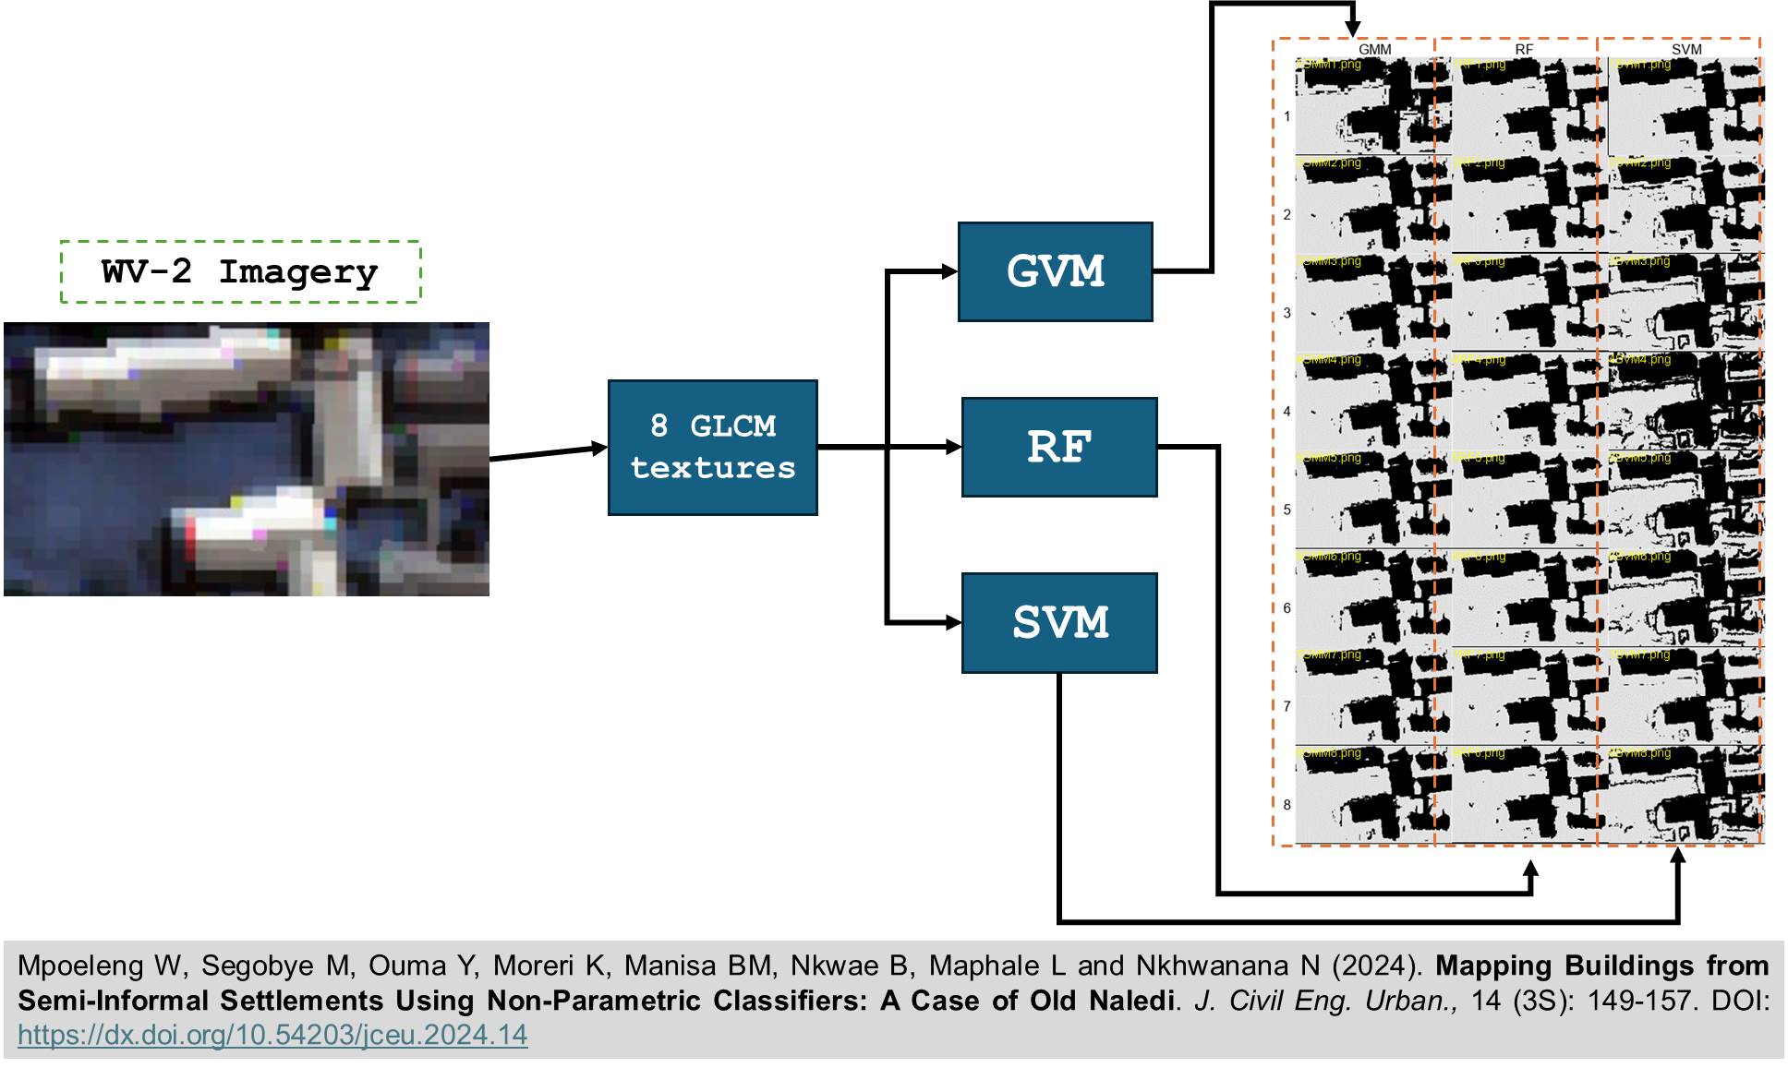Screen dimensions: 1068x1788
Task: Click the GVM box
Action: [x=1055, y=271]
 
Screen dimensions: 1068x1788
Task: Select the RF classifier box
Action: [x=1058, y=447]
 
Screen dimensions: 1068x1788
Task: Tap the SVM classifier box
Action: [x=1058, y=623]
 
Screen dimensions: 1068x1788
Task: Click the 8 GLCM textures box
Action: [x=712, y=447]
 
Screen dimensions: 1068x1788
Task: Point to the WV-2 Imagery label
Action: [x=240, y=271]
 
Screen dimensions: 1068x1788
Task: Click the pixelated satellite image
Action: [x=246, y=459]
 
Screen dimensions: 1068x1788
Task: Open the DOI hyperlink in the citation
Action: [x=272, y=1035]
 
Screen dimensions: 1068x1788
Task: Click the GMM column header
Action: [x=1374, y=49]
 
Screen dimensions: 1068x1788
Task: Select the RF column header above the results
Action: [x=1524, y=49]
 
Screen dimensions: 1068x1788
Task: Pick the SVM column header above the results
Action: [x=1685, y=49]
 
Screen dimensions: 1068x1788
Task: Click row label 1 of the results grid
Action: [x=1287, y=116]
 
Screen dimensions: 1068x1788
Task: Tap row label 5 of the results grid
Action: [x=1287, y=510]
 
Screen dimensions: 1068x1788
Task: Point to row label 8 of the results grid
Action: [x=1287, y=805]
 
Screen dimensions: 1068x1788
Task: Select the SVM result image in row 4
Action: [x=1685, y=402]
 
